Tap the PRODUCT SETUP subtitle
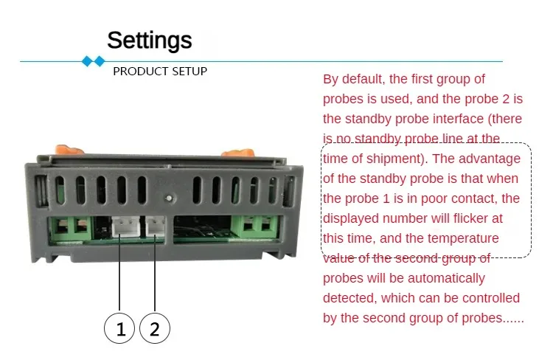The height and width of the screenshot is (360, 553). (x=160, y=72)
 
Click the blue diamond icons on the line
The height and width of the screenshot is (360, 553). (x=94, y=61)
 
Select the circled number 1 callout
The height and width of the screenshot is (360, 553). (x=120, y=328)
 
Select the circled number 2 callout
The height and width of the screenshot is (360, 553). (x=155, y=328)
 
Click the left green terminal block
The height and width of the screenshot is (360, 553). (x=70, y=227)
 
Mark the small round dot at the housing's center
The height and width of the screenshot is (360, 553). (x=170, y=198)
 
